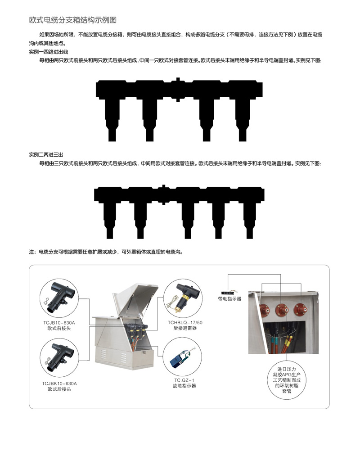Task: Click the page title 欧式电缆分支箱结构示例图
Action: click(73, 20)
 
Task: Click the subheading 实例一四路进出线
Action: click(49, 52)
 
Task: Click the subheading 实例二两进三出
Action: click(46, 155)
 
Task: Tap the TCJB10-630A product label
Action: click(59, 323)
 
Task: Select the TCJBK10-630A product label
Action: click(59, 384)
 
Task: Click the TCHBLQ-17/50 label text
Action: click(185, 322)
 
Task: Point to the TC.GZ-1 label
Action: click(184, 380)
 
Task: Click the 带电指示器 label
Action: click(230, 298)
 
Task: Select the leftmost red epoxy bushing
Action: click(265, 310)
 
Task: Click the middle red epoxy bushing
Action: click(282, 310)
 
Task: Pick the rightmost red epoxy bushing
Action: click(300, 310)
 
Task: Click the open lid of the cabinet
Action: click(136, 299)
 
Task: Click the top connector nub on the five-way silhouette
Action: click(164, 186)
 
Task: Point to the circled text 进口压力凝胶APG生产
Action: click(287, 372)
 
